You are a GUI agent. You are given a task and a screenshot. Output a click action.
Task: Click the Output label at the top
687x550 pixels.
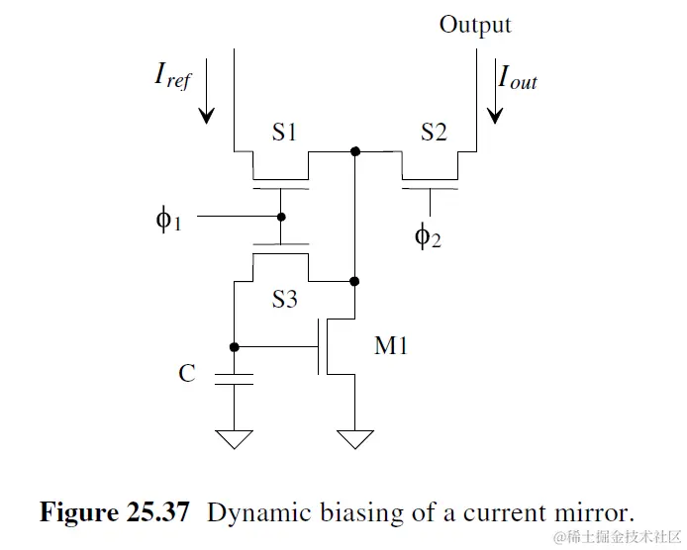[x=475, y=25]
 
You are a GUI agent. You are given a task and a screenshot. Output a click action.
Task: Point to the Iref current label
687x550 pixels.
[x=172, y=75]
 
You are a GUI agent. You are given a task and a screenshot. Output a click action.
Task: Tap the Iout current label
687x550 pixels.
[x=518, y=76]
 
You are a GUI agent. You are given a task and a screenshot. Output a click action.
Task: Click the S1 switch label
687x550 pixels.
[x=284, y=132]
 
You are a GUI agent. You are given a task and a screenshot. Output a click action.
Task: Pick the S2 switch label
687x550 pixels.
[x=433, y=132]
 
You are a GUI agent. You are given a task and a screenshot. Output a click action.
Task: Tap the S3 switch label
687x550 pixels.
[x=284, y=299]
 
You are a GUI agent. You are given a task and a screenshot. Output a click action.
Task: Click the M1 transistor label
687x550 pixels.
[x=391, y=345]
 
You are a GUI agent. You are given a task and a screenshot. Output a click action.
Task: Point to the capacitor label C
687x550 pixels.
[x=187, y=373]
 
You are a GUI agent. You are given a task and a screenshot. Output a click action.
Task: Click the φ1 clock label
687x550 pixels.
[x=169, y=219]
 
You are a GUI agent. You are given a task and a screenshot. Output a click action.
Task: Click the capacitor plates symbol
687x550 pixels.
[x=235, y=378]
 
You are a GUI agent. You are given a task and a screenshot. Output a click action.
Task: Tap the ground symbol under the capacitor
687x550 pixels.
[x=235, y=437]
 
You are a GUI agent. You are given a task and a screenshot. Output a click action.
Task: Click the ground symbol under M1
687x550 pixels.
[x=354, y=437]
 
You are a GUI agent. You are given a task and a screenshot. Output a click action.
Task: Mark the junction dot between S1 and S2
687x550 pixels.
[x=354, y=151]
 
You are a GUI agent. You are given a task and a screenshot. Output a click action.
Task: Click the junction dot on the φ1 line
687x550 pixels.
[x=281, y=217]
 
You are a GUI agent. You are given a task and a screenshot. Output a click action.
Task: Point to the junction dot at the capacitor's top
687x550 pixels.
[x=235, y=347]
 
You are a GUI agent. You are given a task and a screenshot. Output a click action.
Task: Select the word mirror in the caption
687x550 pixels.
[x=593, y=512]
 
